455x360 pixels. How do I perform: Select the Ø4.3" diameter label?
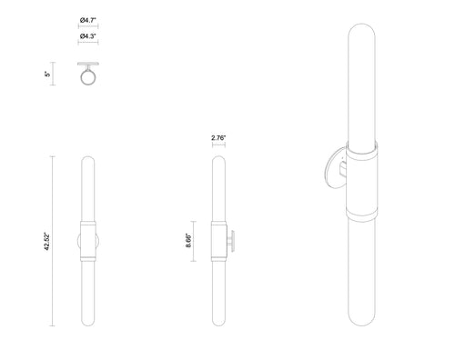coord(89,35)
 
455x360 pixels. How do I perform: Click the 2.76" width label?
coord(218,137)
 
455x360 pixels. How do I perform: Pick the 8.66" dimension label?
coord(187,242)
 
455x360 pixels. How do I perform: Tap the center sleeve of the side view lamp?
coord(218,241)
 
